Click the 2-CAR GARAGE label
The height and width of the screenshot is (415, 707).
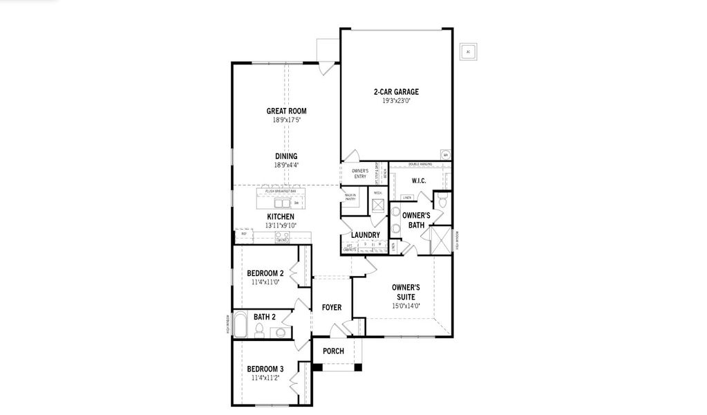pyautogui.click(x=396, y=91)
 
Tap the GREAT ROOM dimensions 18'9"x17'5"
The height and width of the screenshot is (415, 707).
pyautogui.click(x=286, y=120)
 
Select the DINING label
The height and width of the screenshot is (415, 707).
pyautogui.click(x=286, y=156)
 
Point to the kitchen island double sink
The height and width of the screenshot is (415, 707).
pyautogui.click(x=282, y=203)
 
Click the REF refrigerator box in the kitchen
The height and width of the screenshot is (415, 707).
pyautogui.click(x=244, y=235)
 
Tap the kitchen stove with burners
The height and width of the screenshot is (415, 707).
pyautogui.click(x=282, y=237)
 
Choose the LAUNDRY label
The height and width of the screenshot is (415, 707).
pyautogui.click(x=365, y=235)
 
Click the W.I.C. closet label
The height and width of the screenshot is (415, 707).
pyautogui.click(x=419, y=181)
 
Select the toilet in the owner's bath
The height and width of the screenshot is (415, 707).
pyautogui.click(x=443, y=203)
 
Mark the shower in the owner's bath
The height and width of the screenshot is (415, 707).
pyautogui.click(x=439, y=239)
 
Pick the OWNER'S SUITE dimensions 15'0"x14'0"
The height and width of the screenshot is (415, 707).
pyautogui.click(x=406, y=306)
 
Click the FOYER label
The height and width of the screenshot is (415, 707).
pyautogui.click(x=332, y=307)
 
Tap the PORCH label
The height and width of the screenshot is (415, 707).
pyautogui.click(x=333, y=351)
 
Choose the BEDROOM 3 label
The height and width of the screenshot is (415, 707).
pyautogui.click(x=265, y=369)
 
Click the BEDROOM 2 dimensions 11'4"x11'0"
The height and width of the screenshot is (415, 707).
pyautogui.click(x=265, y=282)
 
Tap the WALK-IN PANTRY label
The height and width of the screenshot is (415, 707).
pyautogui.click(x=350, y=197)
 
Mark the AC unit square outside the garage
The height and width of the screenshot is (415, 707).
pyautogui.click(x=469, y=52)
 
